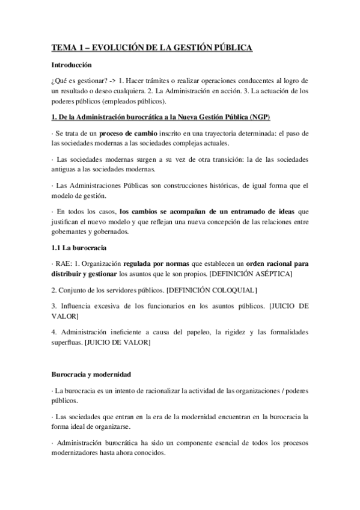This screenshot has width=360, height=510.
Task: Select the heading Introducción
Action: [x=72, y=64]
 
